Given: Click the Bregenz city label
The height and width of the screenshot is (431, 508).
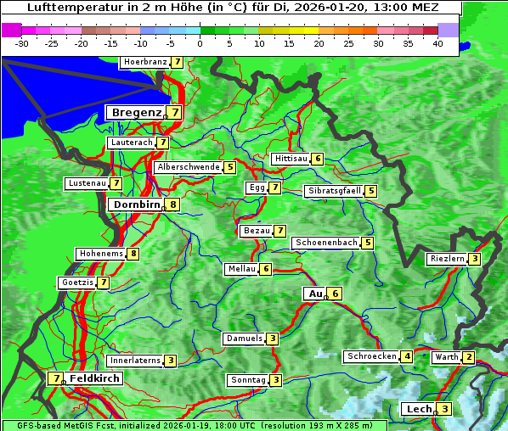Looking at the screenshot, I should coord(136,112).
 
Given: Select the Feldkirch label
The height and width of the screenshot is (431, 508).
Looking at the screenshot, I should coord(95,378).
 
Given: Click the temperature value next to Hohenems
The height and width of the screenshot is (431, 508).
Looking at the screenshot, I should coord(133,254).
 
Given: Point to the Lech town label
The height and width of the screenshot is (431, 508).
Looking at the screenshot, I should coord(420,409).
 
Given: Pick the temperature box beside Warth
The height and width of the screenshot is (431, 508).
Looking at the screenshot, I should coord(469,357).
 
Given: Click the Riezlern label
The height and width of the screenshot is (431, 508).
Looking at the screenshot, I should coord(447,259).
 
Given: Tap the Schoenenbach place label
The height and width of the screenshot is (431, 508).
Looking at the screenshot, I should coord(326,243).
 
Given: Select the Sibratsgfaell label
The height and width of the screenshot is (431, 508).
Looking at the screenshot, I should coord(334,191).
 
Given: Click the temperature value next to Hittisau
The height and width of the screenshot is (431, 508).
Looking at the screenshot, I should coord(317,159).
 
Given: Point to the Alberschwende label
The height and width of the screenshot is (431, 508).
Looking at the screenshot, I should coord(189,167).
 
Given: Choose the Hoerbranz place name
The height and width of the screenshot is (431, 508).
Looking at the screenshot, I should coord(144,62).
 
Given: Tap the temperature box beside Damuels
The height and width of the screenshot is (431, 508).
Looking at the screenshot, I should coord(272,339).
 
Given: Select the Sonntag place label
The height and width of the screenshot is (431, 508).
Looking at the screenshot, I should coord(248,380).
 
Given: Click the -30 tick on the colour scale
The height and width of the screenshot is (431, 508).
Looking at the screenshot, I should coord(22,43).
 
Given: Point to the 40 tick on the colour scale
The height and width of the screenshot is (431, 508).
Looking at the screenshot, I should coord(437,43).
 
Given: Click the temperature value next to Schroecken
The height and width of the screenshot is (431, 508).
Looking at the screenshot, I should coord(407,356).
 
